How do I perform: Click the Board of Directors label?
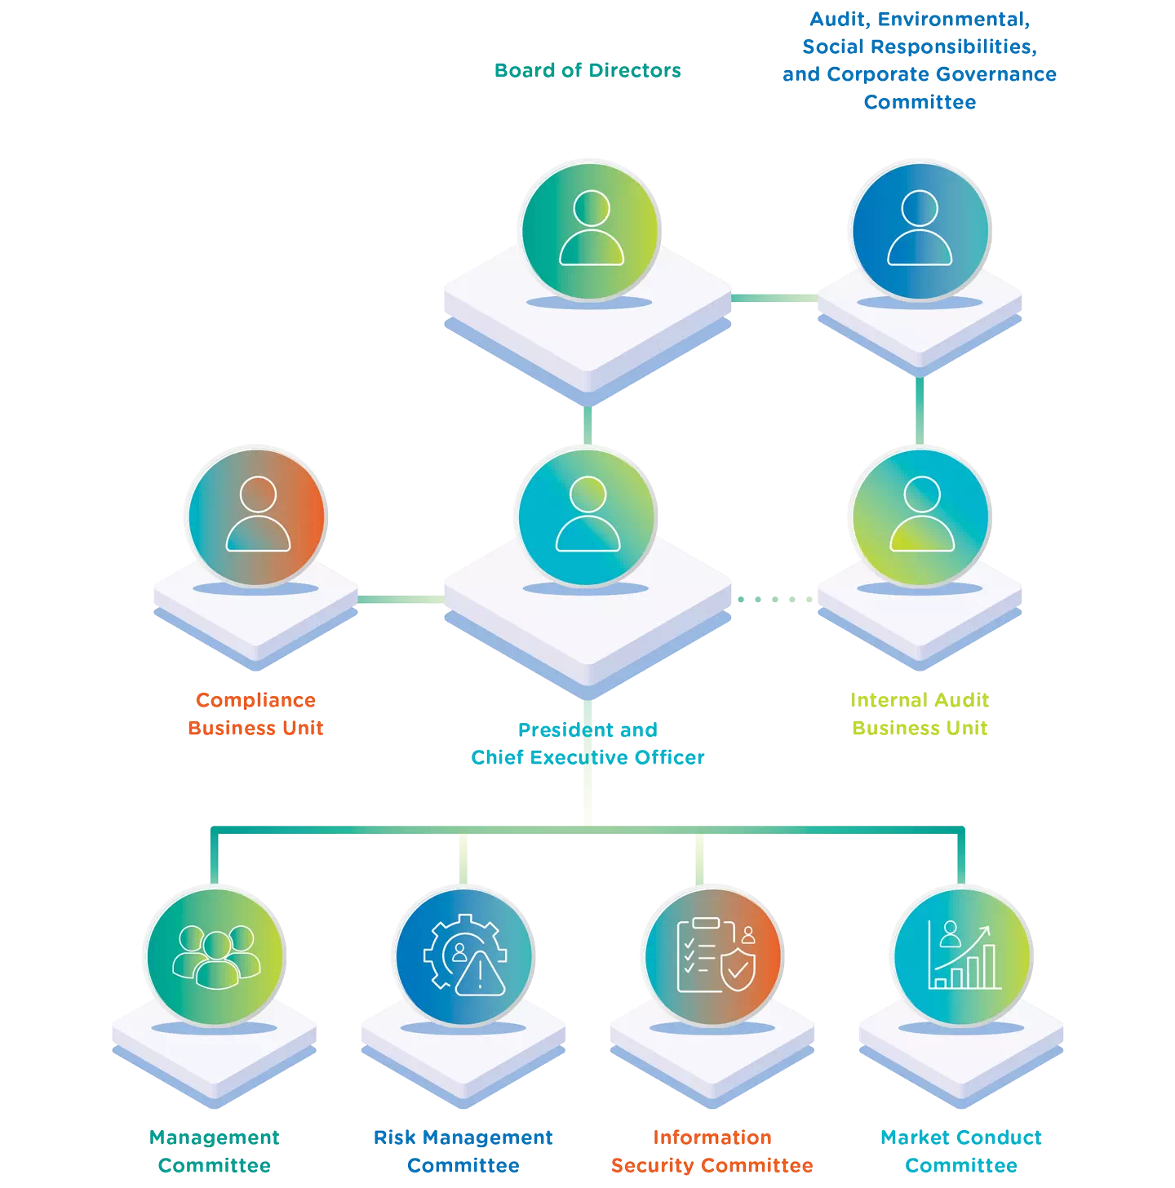(587, 71)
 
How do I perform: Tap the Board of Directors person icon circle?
(591, 229)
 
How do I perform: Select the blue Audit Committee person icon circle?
(920, 229)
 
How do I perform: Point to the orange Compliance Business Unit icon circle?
(258, 516)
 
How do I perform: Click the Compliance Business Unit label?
(255, 714)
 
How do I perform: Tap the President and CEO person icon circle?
(587, 516)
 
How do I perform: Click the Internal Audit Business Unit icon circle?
(920, 516)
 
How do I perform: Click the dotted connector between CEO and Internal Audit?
(774, 600)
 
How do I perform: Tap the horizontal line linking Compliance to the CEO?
(401, 600)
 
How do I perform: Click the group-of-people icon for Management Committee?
(216, 955)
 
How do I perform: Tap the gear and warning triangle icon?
(465, 955)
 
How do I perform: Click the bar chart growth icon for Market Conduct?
(963, 955)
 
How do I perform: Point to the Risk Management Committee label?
(463, 1151)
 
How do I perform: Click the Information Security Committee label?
(712, 1151)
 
